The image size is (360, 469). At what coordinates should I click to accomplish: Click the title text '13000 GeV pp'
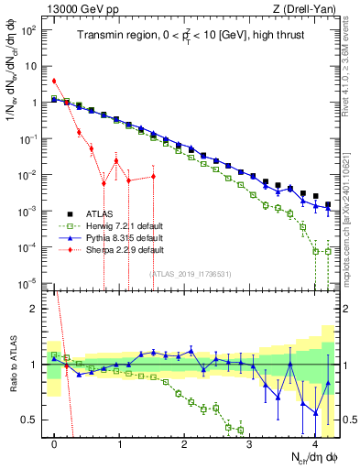pyautogui.click(x=75, y=8)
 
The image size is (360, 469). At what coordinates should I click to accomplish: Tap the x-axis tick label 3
pyautogui.click(x=250, y=442)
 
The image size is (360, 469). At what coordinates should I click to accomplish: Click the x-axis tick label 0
pyautogui.click(x=55, y=442)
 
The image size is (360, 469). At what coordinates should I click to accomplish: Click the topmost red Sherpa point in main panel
pyautogui.click(x=55, y=81)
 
